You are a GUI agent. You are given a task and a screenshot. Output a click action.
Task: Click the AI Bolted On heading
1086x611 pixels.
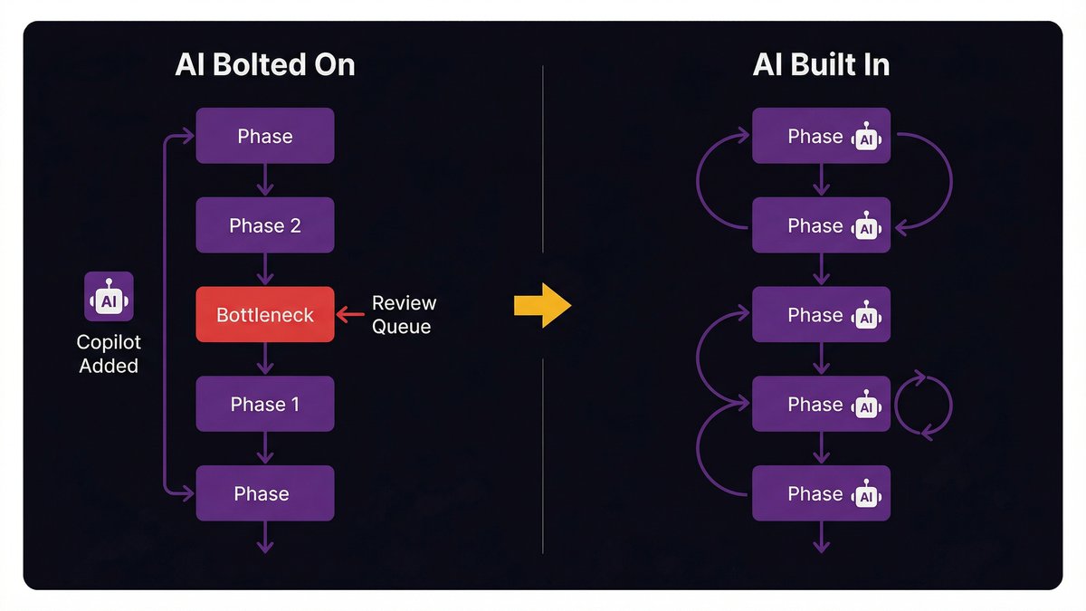click(x=265, y=66)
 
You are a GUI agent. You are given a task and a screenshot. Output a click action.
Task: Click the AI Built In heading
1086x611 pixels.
click(x=821, y=66)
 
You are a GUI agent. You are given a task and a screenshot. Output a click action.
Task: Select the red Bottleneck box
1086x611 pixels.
click(x=265, y=315)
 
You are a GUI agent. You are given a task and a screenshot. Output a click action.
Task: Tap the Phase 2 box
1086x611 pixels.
click(x=265, y=225)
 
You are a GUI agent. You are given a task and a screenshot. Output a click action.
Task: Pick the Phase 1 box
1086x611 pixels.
click(x=265, y=404)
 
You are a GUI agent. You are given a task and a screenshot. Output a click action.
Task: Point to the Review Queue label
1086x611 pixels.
click(x=404, y=314)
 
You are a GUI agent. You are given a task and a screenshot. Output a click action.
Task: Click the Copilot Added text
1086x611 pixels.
click(x=109, y=355)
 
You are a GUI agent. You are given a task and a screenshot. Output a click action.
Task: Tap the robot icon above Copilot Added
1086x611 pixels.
click(x=109, y=297)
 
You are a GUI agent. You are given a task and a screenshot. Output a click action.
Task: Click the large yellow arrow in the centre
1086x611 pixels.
click(x=542, y=306)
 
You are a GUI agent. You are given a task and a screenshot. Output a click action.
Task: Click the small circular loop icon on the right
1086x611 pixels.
click(x=924, y=405)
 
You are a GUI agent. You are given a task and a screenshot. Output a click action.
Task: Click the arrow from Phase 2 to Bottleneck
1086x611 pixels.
click(x=265, y=270)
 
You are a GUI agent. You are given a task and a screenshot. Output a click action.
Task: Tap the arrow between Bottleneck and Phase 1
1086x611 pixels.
click(x=265, y=359)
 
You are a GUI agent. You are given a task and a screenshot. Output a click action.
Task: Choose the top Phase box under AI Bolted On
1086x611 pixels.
click(x=265, y=136)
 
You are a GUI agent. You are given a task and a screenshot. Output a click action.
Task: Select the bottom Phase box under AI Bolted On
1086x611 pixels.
click(x=265, y=493)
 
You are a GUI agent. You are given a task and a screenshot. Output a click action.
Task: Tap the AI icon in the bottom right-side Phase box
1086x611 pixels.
click(x=867, y=494)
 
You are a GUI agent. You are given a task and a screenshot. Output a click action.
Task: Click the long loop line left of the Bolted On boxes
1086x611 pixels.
click(x=163, y=315)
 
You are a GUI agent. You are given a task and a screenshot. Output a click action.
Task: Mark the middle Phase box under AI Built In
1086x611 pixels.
click(x=821, y=315)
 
